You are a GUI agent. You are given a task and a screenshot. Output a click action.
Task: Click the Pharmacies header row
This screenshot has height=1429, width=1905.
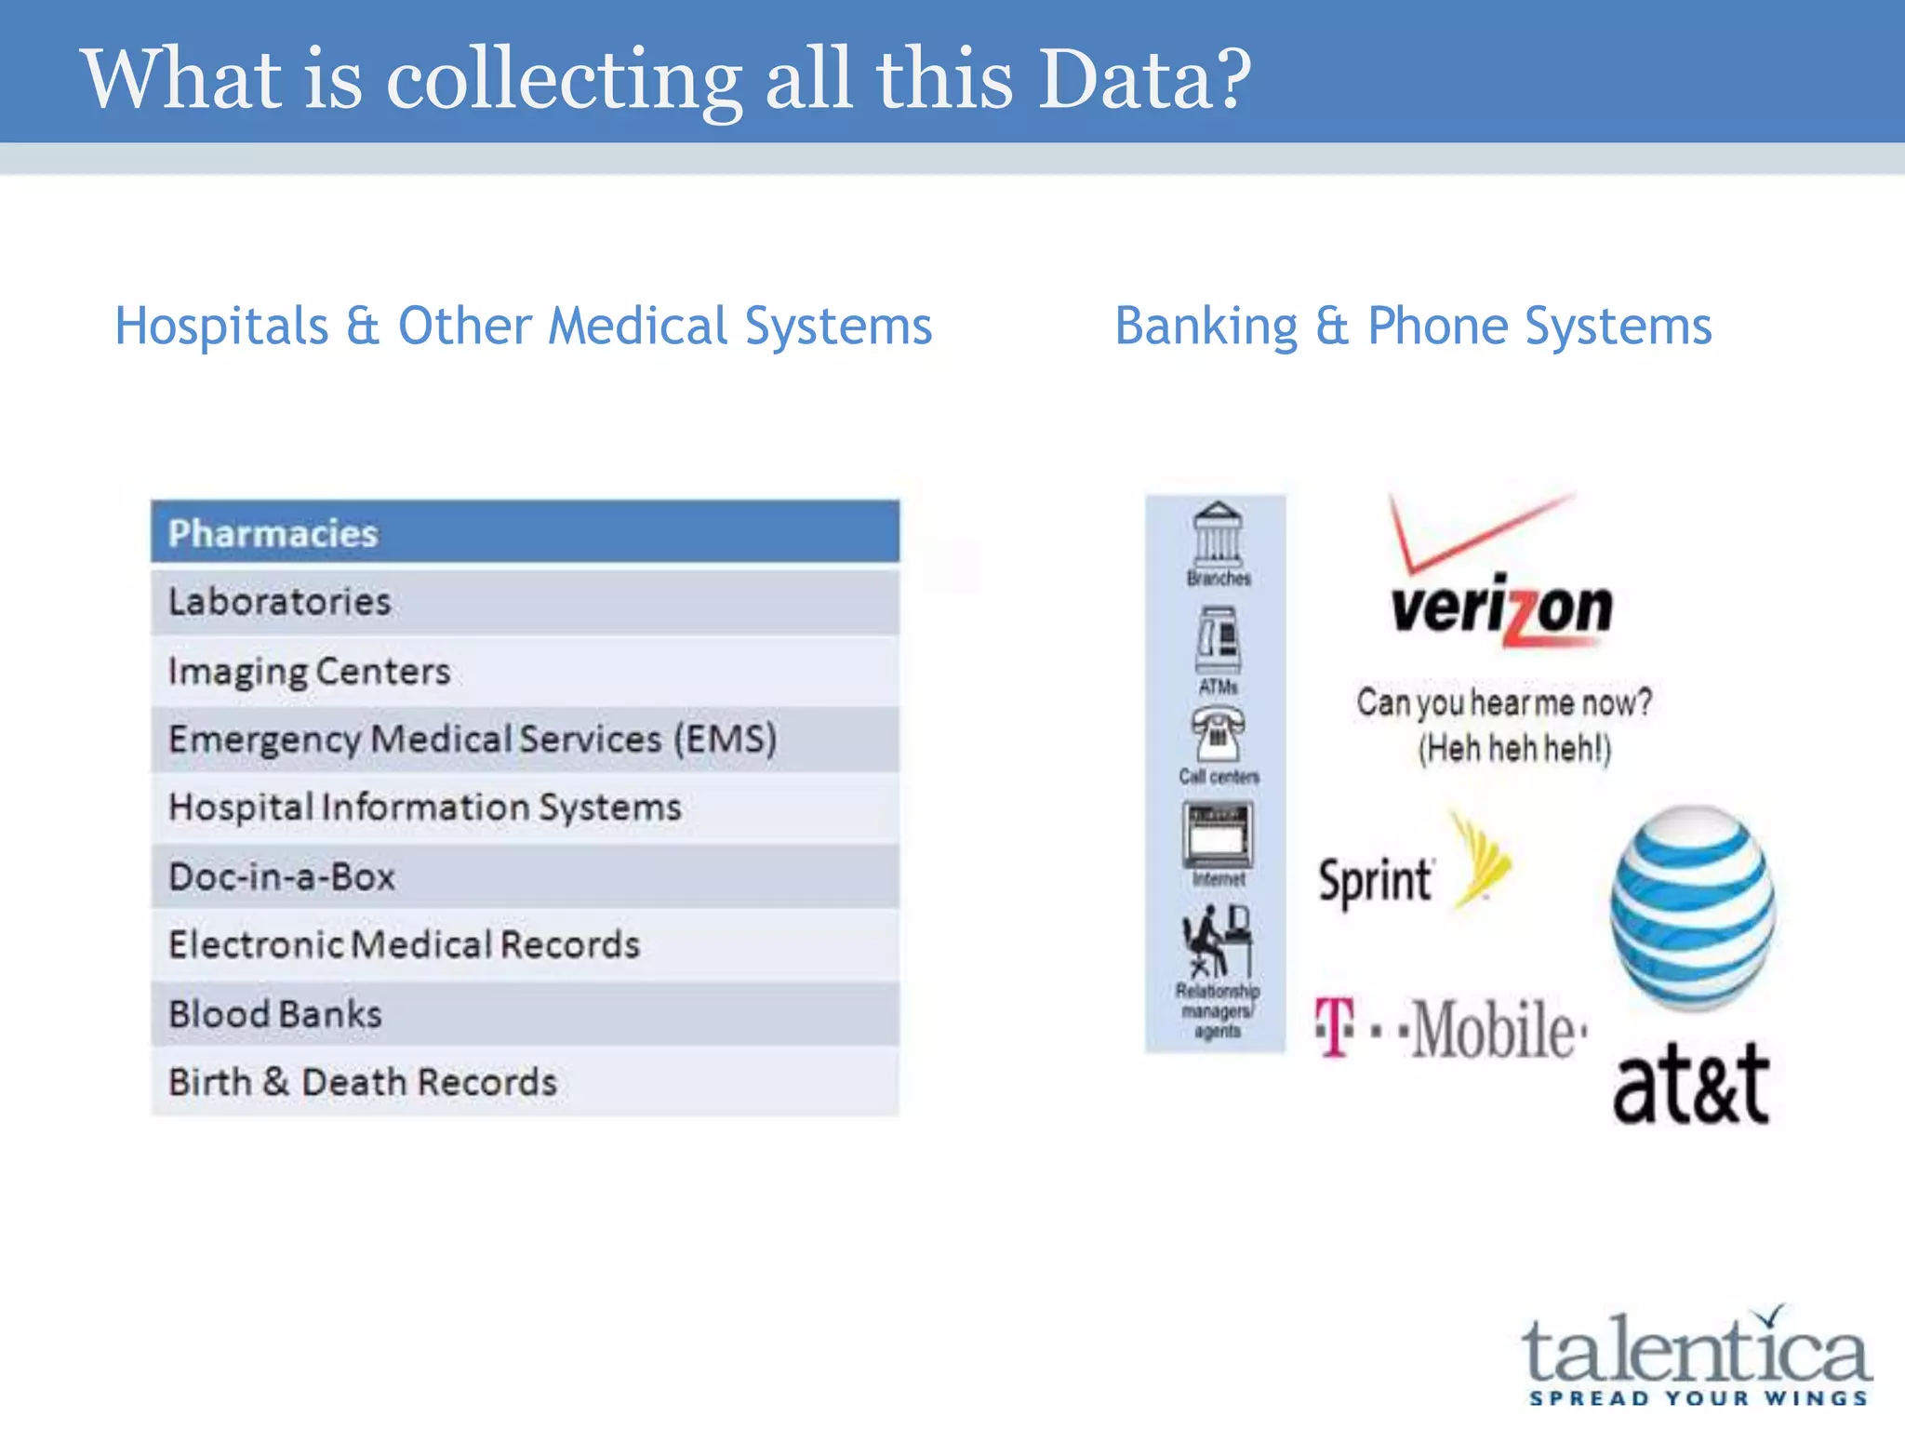click(525, 532)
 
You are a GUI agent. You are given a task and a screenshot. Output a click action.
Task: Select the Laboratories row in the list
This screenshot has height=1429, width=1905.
click(525, 602)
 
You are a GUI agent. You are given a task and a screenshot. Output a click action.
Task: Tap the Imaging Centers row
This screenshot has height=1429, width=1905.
click(525, 671)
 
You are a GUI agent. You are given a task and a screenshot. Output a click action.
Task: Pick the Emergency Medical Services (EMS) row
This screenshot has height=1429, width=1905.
click(525, 740)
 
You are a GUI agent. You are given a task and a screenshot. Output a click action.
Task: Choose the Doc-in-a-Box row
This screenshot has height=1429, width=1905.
click(525, 876)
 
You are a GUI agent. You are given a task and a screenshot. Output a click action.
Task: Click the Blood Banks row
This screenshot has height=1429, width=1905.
click(525, 1013)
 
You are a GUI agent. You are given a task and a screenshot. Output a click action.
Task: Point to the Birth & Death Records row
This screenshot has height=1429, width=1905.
click(525, 1082)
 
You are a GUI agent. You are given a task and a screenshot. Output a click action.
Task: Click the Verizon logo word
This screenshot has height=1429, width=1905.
click(1501, 609)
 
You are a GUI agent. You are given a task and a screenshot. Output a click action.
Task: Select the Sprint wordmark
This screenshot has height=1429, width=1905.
click(1375, 880)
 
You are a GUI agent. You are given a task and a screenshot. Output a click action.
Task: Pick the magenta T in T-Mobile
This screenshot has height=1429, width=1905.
click(1335, 1028)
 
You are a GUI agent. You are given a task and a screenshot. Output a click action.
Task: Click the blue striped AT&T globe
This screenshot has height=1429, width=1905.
click(1693, 907)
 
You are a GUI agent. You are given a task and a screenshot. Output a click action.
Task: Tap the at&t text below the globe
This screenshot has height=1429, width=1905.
click(1690, 1083)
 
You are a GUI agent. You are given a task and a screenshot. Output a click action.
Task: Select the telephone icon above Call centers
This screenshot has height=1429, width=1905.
click(1218, 734)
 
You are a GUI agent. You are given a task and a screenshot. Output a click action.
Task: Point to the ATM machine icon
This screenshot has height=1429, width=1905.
click(1219, 641)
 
